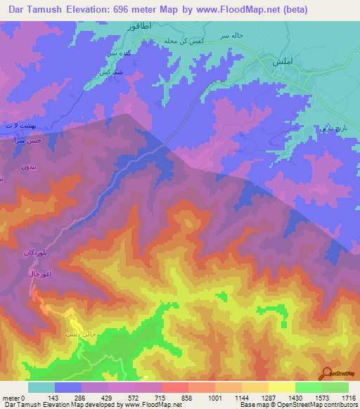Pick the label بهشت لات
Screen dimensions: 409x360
tap(18, 124)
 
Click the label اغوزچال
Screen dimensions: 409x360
tap(34, 272)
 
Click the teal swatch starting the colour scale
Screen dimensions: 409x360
tap(41, 387)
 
